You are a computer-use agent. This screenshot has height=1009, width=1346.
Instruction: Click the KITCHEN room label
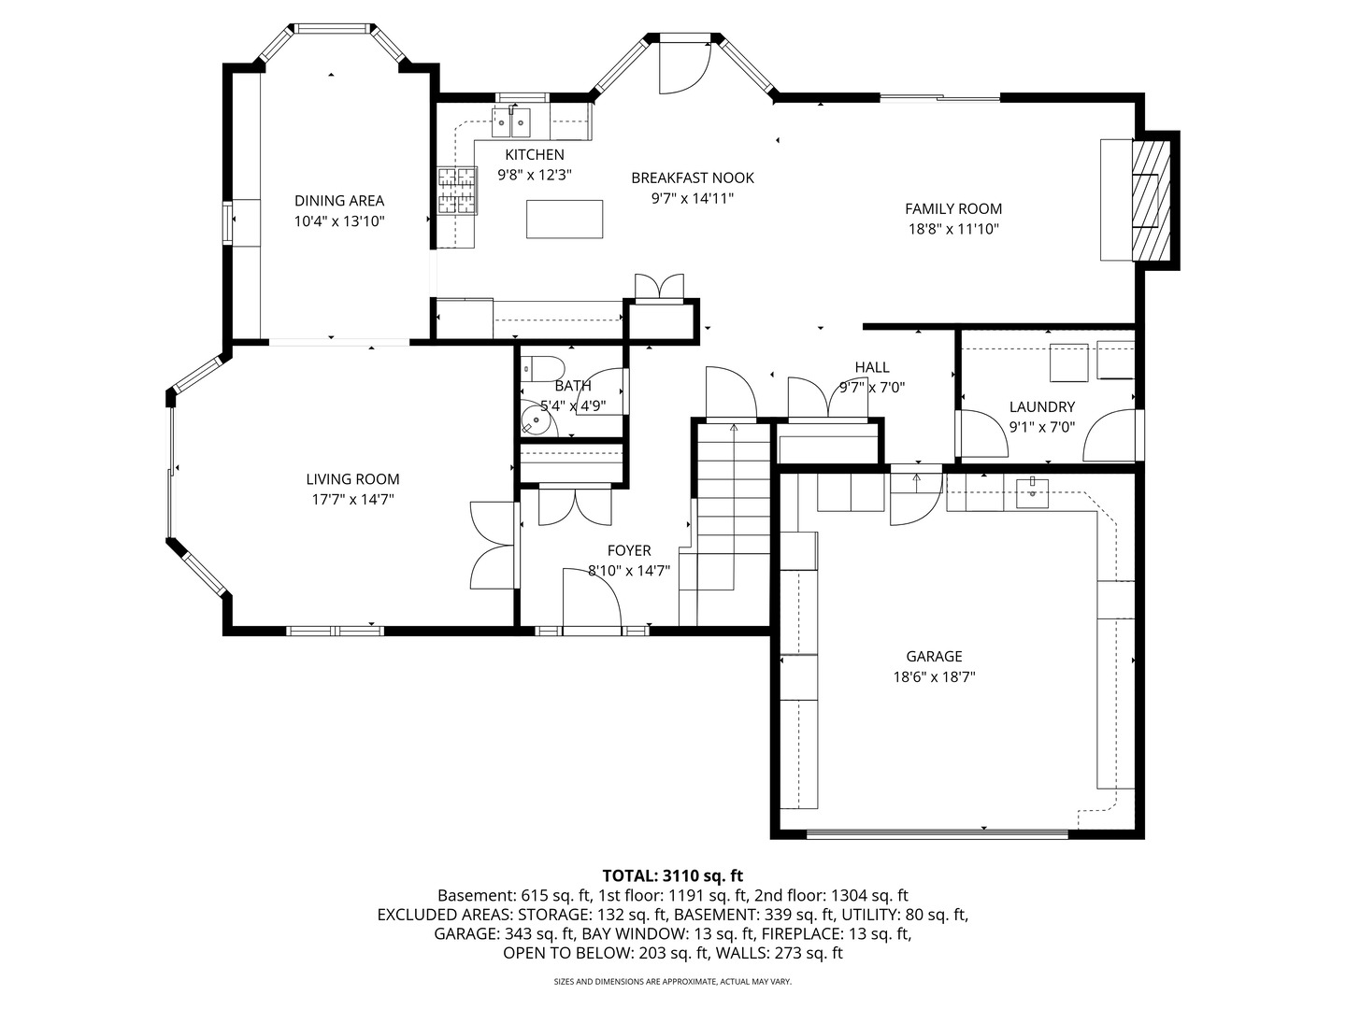point(534,154)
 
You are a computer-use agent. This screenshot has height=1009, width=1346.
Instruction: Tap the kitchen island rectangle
point(565,219)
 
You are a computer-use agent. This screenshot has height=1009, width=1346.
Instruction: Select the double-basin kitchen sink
point(510,122)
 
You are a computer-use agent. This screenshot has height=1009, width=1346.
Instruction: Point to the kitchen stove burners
point(457,192)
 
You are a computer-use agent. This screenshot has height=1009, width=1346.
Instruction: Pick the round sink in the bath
point(536,420)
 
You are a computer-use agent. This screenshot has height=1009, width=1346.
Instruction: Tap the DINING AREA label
point(339,200)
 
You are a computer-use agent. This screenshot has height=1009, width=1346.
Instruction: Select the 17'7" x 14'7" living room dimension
point(352,499)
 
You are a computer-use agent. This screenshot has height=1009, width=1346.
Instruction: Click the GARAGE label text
point(934,656)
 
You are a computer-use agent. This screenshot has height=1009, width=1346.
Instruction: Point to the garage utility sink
point(1033,494)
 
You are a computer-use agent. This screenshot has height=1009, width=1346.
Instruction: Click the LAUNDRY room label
point(1042,406)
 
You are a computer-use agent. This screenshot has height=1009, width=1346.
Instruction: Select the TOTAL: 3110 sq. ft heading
point(673,875)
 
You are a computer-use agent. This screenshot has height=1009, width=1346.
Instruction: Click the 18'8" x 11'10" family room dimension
point(953,229)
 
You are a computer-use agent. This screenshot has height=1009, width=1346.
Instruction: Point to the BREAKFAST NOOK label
point(693,178)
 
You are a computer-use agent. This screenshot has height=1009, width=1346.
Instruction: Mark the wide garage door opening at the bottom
point(937,833)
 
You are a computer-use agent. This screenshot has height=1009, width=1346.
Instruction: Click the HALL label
point(872,367)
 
